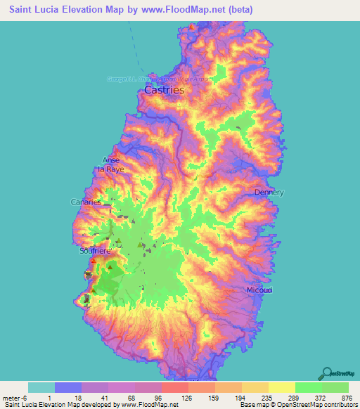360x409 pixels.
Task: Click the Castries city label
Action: point(164,90)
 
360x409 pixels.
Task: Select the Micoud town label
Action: point(259,290)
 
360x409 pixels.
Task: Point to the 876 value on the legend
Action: point(347,397)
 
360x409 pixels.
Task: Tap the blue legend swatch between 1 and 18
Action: point(68,387)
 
